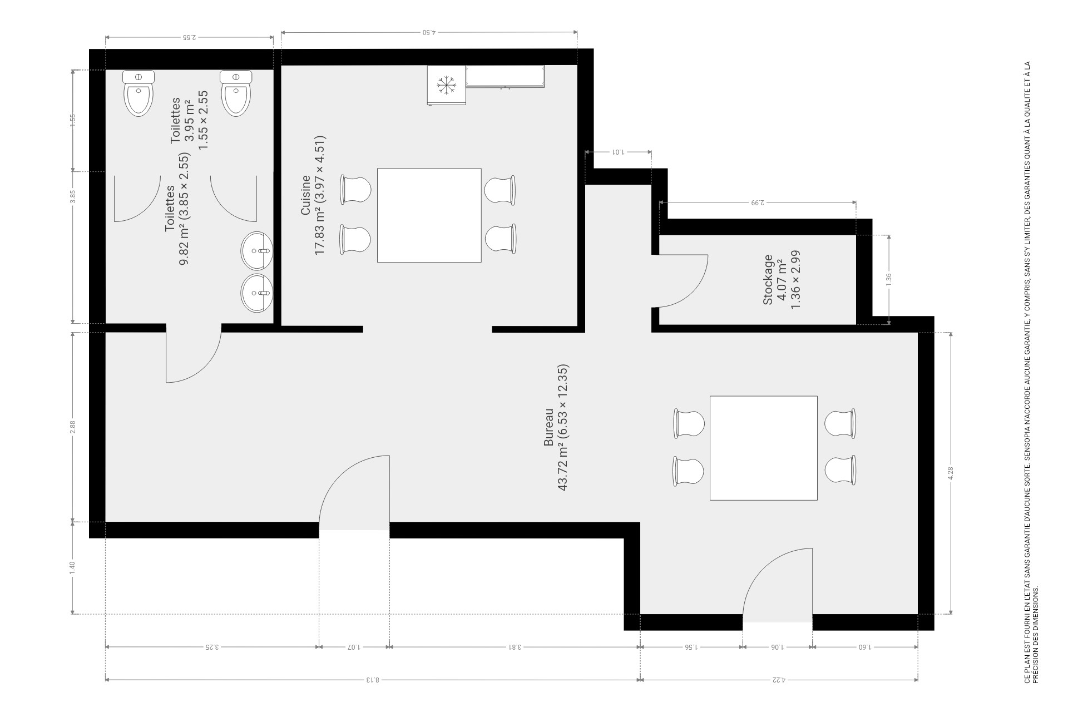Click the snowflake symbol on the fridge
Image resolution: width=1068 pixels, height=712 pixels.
(x=447, y=85)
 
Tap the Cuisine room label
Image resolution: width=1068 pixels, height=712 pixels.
(x=306, y=195)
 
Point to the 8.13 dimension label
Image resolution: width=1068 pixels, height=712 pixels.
(x=372, y=679)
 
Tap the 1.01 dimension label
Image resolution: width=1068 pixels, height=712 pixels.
(x=618, y=151)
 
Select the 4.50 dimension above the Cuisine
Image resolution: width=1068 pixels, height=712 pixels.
(x=429, y=32)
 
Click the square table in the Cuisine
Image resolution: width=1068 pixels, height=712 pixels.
(x=429, y=215)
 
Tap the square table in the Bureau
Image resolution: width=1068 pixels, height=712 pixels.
(x=763, y=448)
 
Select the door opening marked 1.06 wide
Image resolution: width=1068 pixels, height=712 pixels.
(x=778, y=622)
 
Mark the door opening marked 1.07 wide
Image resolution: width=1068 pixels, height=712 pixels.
(x=354, y=530)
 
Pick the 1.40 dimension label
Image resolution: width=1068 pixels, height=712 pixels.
(x=72, y=568)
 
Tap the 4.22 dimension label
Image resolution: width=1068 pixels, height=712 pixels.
(x=779, y=679)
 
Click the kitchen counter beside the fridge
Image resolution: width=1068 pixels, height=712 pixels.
(x=505, y=77)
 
